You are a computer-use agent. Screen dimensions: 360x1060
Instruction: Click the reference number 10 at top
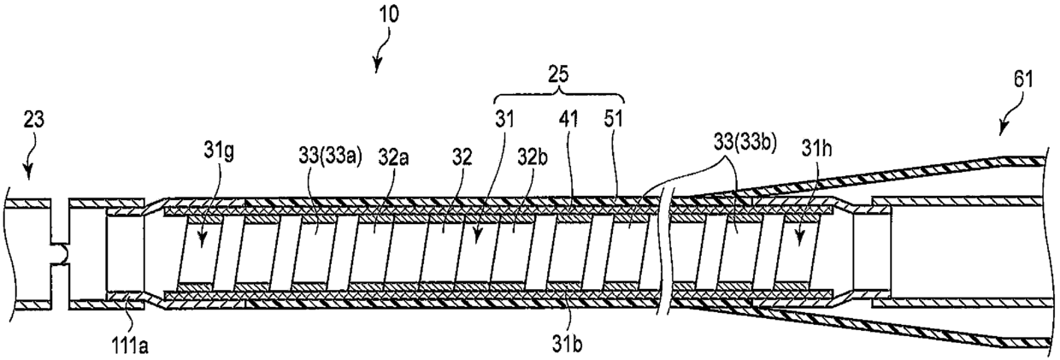386,15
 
